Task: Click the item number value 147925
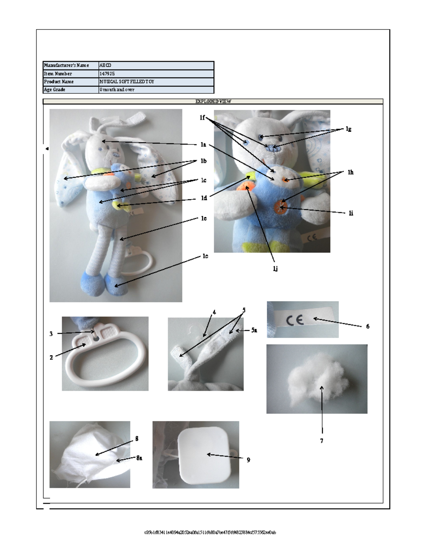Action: pos(107,74)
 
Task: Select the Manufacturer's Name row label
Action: pos(66,65)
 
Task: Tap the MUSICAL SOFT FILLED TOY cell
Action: pos(127,82)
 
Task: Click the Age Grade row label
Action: pos(54,90)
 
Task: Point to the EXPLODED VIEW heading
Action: pos(213,101)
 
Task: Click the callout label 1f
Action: pos(202,118)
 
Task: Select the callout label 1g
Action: pos(348,129)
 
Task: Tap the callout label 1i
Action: pos(351,213)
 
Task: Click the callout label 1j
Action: pos(276,269)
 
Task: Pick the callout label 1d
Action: pos(203,198)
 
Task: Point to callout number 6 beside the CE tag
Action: pos(368,326)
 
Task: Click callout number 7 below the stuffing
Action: pos(321,441)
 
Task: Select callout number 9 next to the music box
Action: pos(248,460)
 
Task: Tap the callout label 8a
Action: pos(139,458)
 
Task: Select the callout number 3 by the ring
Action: pos(51,334)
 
